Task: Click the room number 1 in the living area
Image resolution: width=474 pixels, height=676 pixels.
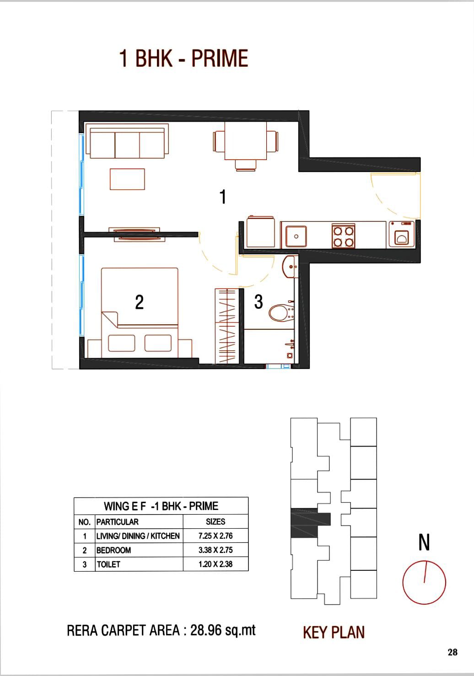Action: click(223, 197)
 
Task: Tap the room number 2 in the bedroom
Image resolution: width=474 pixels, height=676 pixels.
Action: click(139, 302)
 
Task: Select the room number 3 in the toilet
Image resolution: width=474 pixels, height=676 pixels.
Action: click(259, 302)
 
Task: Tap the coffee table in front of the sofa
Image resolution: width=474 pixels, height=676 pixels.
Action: click(127, 179)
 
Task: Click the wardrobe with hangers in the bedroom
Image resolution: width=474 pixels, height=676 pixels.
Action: click(227, 326)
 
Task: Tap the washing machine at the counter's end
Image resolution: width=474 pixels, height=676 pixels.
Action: click(401, 234)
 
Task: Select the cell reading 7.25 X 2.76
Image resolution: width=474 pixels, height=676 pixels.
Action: click(215, 536)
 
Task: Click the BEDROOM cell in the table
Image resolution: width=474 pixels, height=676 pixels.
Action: click(114, 550)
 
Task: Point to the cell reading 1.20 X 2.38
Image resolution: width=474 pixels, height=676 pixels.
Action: click(215, 564)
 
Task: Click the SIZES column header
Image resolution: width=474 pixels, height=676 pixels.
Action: click(215, 521)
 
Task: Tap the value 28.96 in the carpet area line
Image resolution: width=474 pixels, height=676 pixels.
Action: click(205, 630)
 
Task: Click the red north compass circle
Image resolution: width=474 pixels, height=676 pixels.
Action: click(424, 583)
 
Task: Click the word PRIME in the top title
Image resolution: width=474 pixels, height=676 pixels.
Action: click(220, 59)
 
